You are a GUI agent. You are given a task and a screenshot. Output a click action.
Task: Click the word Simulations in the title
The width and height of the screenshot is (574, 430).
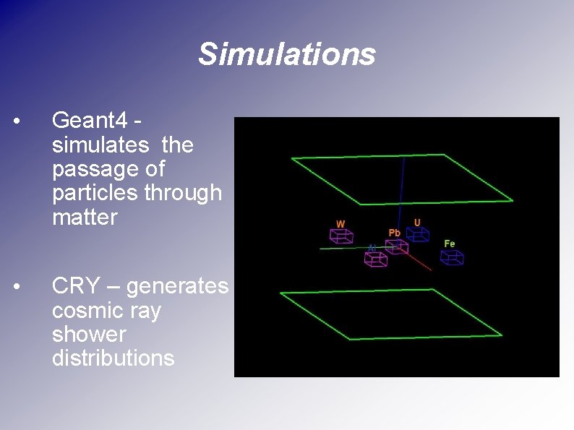pyautogui.click(x=287, y=54)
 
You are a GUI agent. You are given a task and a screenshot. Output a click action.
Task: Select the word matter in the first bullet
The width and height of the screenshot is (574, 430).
pyautogui.click(x=85, y=218)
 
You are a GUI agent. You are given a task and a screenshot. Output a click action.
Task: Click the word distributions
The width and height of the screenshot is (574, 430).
pyautogui.click(x=113, y=358)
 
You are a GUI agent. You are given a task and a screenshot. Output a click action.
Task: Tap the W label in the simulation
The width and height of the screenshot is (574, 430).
pyautogui.click(x=340, y=223)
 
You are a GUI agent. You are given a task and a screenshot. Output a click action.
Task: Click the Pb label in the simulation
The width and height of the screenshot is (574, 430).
pyautogui.click(x=395, y=233)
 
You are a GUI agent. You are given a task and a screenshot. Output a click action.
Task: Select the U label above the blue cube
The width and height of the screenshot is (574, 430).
pyautogui.click(x=417, y=221)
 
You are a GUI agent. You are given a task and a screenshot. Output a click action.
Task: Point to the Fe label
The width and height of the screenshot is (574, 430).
pyautogui.click(x=449, y=244)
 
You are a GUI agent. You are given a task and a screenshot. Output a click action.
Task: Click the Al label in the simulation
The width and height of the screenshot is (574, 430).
pyautogui.click(x=372, y=248)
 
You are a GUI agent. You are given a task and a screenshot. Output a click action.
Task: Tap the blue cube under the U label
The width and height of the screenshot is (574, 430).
pyautogui.click(x=417, y=233)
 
